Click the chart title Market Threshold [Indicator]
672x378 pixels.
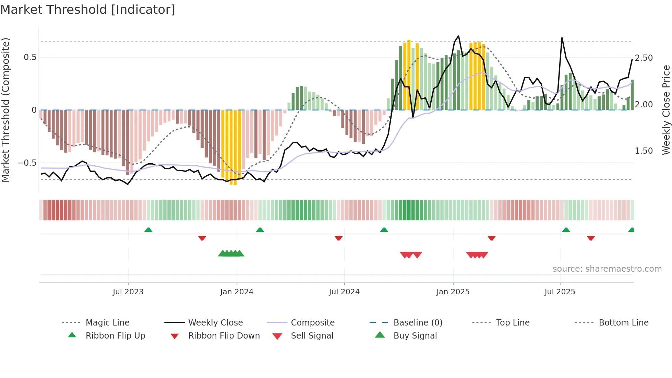pyautogui.click(x=88, y=10)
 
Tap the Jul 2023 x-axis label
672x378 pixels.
pyautogui.click(x=128, y=292)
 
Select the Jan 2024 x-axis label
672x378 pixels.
pyautogui.click(x=237, y=292)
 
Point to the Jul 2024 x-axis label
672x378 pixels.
pyautogui.click(x=344, y=292)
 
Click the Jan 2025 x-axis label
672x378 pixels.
pyautogui.click(x=453, y=292)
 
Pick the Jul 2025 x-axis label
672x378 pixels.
pyautogui.click(x=560, y=292)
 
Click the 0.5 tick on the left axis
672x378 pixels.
pyautogui.click(x=30, y=57)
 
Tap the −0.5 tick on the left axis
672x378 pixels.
pyautogui.click(x=27, y=163)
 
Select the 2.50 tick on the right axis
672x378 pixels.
pyautogui.click(x=644, y=58)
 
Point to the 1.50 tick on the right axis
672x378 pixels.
pyautogui.click(x=644, y=151)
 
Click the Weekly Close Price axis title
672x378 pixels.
pyautogui.click(x=666, y=110)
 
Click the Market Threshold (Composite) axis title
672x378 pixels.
pyautogui.click(x=5, y=110)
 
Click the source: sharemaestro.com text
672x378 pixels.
pyautogui.click(x=607, y=269)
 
